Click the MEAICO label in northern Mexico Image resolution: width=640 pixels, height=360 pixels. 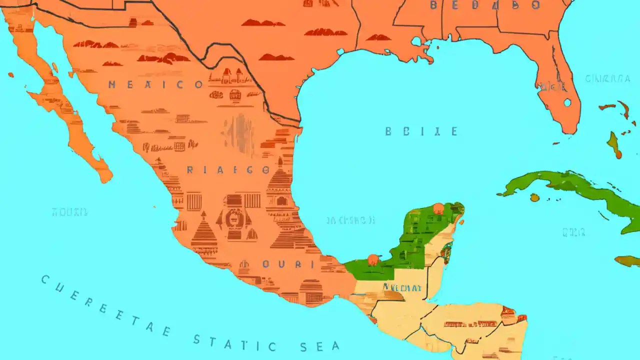coord(155,84)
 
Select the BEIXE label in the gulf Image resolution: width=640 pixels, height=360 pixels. coord(421,131)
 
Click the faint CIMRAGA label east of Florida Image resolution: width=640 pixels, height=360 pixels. coord(607,78)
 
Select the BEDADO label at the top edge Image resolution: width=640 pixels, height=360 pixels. coord(485,5)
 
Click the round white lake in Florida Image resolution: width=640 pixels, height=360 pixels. coord(567,102)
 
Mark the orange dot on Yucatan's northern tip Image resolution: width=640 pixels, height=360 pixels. coord(438,208)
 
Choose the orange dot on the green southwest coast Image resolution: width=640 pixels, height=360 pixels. coord(372,259)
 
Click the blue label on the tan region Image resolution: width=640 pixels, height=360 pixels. coord(402,287)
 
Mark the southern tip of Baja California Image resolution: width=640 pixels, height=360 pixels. coord(106,177)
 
